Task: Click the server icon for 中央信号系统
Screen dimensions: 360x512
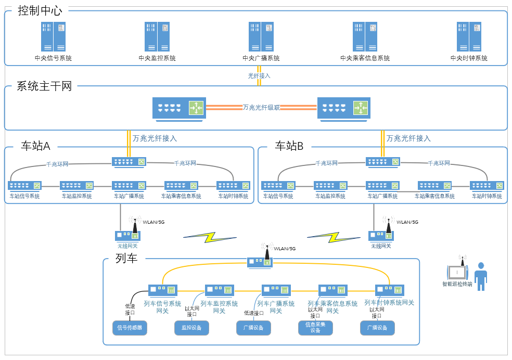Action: (53, 36)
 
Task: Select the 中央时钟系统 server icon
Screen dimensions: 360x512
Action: (469, 36)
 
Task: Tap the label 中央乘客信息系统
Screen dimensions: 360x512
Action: (365, 58)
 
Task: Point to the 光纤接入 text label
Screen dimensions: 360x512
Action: (259, 76)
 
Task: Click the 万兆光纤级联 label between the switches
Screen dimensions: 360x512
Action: (261, 108)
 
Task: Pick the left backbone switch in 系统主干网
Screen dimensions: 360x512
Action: (179, 108)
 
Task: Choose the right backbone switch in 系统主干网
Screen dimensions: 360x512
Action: (343, 108)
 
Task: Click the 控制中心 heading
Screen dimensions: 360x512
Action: (40, 10)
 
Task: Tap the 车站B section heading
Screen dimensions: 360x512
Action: (289, 146)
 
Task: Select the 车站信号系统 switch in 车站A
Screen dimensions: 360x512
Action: (24, 186)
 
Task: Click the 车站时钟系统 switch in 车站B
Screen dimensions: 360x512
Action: (487, 186)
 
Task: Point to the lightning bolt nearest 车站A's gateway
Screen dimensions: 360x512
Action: (209, 237)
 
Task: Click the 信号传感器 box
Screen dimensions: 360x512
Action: (130, 328)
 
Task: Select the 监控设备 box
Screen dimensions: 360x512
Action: (191, 328)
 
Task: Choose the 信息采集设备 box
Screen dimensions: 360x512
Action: (315, 328)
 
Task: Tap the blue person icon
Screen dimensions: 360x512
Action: (480, 276)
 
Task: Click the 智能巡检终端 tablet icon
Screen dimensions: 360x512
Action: (457, 272)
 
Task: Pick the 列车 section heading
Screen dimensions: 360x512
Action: (126, 259)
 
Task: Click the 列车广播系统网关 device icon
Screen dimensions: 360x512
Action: (276, 290)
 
